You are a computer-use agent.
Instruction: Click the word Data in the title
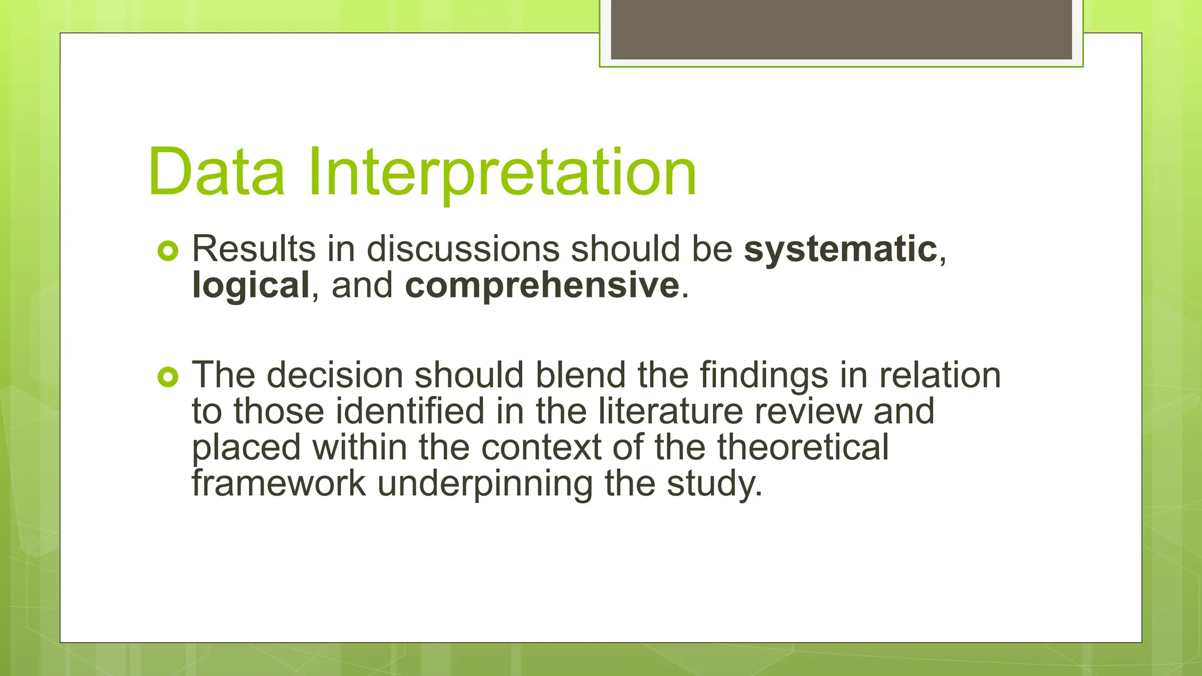(217, 172)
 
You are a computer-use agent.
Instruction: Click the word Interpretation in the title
(502, 172)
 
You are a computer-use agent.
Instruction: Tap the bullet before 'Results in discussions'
(168, 252)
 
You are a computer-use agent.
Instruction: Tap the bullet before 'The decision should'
(168, 377)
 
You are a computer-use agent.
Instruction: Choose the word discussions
(462, 249)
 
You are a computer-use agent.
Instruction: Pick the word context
(541, 447)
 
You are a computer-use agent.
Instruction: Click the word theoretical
(802, 447)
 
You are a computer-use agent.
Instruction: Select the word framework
(279, 484)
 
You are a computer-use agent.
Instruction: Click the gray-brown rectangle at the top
(841, 29)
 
